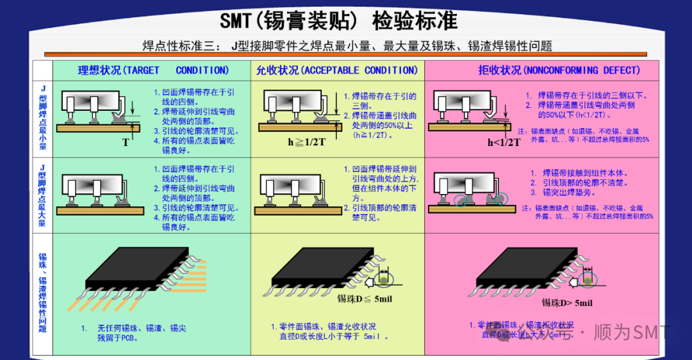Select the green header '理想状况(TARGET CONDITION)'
[x=152, y=70]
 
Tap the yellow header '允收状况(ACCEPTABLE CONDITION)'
[x=336, y=70]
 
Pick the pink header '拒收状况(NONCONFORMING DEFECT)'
[x=559, y=70]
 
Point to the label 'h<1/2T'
[x=504, y=142]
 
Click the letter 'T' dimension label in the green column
[x=126, y=142]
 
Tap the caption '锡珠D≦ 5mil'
[x=364, y=298]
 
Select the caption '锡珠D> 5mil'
[x=567, y=302]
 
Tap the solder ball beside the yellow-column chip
[x=383, y=280]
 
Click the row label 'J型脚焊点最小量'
[x=42, y=118]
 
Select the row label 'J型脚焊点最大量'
[x=42, y=195]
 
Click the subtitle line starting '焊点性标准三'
[x=347, y=46]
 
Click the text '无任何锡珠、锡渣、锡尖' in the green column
[x=142, y=328]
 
